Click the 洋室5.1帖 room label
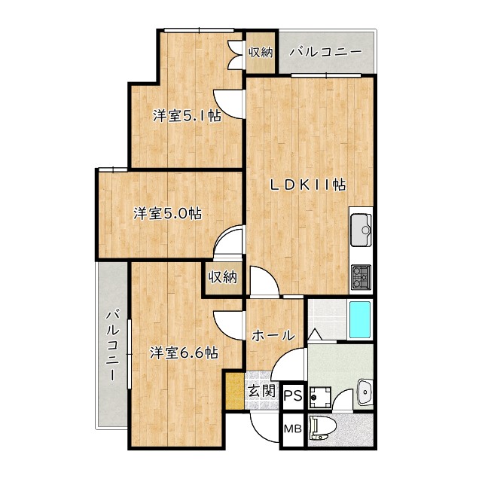(x=187, y=116)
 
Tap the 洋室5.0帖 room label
(x=168, y=213)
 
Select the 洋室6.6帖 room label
(x=183, y=352)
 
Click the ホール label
(x=273, y=335)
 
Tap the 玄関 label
(x=261, y=392)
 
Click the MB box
(x=292, y=430)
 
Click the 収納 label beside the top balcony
(x=261, y=52)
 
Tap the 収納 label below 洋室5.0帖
(x=223, y=277)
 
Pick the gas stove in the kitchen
(x=360, y=277)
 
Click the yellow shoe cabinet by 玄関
(x=235, y=392)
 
